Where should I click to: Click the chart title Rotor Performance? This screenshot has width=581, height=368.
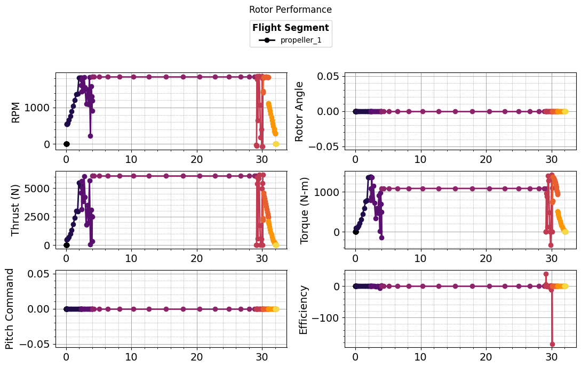(x=290, y=10)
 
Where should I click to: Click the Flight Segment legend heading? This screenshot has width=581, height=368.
(x=290, y=28)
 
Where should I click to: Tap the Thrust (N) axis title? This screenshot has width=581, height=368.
(x=15, y=209)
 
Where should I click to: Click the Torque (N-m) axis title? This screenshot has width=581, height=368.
(x=305, y=209)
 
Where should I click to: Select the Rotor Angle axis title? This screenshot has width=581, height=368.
(x=300, y=111)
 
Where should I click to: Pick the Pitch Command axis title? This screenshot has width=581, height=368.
(x=10, y=308)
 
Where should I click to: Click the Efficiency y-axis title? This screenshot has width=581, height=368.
(x=304, y=309)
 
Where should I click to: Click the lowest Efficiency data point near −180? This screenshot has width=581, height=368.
(x=552, y=344)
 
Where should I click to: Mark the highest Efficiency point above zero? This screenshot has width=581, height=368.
(x=546, y=274)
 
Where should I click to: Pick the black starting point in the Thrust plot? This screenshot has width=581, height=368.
(x=66, y=245)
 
